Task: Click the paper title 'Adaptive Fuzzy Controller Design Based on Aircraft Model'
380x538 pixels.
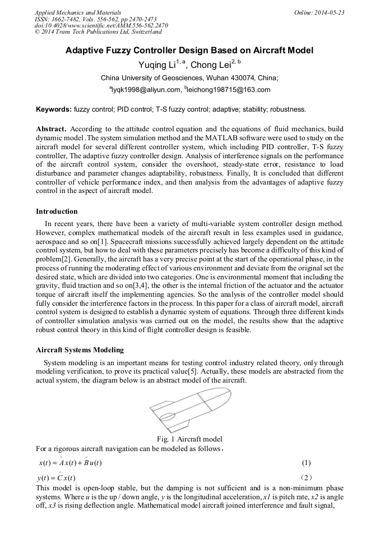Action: [189, 50]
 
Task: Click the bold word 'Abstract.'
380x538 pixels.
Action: [51, 129]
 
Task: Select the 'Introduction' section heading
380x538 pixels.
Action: [57, 211]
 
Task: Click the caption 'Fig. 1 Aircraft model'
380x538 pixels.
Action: [191, 439]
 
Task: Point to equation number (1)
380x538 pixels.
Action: [306, 463]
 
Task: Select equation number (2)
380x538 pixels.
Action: [306, 477]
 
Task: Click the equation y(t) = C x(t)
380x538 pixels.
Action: [60, 477]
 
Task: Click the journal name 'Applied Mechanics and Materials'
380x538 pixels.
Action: [78, 12]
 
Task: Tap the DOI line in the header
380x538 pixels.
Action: [101, 25]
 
